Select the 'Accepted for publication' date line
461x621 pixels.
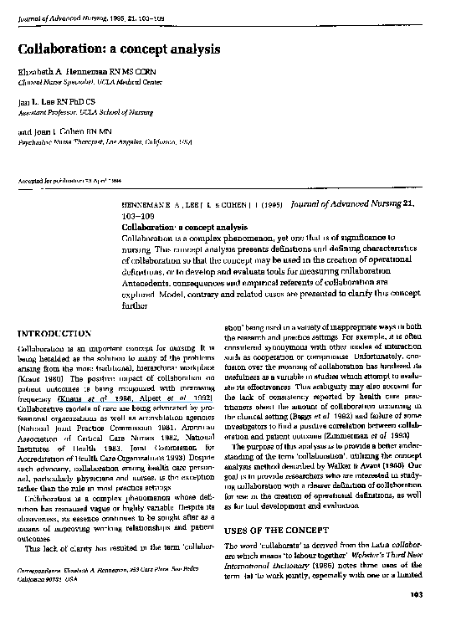(x=75, y=181)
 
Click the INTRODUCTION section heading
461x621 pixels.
(x=54, y=333)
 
